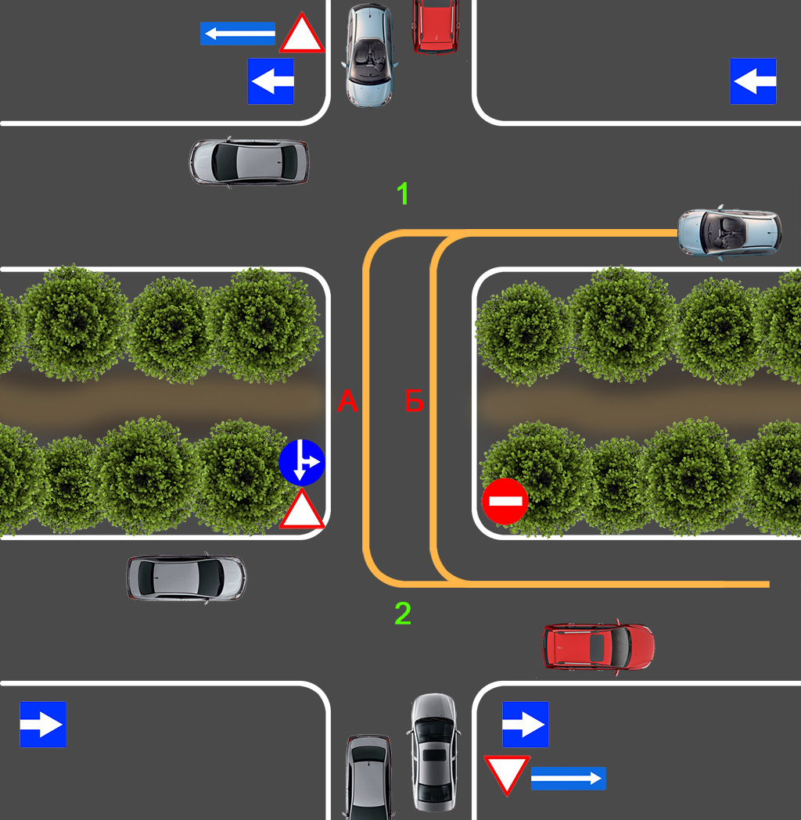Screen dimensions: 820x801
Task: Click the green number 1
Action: [x=403, y=194]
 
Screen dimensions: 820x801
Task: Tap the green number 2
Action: [x=403, y=614]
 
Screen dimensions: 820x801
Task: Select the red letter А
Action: [x=347, y=402]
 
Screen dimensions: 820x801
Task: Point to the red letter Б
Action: [x=414, y=402]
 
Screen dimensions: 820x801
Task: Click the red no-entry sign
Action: [x=505, y=501]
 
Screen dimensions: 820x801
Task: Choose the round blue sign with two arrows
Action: [x=302, y=462]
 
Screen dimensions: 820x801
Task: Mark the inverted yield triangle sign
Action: [x=507, y=775]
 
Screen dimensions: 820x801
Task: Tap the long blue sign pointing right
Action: [x=569, y=779]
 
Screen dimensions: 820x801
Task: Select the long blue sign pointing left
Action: [x=238, y=34]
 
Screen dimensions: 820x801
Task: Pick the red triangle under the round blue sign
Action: [x=302, y=511]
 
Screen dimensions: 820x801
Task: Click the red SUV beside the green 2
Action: [x=598, y=646]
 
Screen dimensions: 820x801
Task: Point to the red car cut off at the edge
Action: [x=436, y=25]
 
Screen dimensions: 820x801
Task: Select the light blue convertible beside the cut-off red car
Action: [x=369, y=55]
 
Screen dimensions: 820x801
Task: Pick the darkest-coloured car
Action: [x=369, y=777]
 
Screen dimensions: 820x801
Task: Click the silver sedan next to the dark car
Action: [x=433, y=750]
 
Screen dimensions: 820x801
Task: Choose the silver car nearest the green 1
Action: [x=249, y=162]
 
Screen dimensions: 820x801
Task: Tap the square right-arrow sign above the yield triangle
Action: [x=525, y=725]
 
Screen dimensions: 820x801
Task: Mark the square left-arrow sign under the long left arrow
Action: [x=271, y=81]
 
